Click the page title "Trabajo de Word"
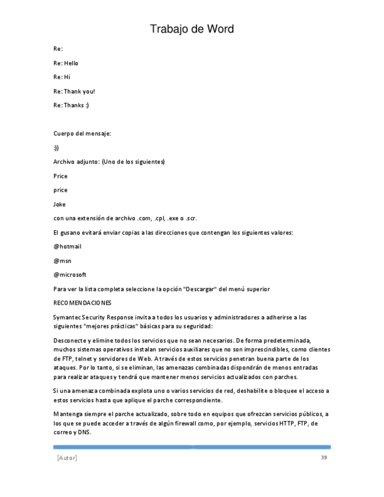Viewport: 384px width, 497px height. click(192, 29)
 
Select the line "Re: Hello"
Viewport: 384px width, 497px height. click(66, 63)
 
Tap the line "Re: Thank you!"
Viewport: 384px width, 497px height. click(74, 91)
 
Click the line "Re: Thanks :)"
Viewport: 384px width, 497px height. click(71, 105)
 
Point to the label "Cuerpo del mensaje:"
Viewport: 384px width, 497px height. click(82, 134)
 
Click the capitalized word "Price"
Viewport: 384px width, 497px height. click(60, 176)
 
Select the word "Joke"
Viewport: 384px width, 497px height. click(60, 205)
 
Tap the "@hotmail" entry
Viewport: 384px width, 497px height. click(67, 247)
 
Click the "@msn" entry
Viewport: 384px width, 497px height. click(62, 261)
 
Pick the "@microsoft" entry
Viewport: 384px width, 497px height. click(70, 275)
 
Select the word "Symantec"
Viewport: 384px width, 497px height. click(67, 317)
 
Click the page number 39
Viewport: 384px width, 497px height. click(324, 457)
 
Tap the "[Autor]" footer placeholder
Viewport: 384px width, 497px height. click(67, 458)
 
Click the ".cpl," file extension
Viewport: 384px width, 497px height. click(159, 219)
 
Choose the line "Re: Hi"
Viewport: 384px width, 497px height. click(62, 77)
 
